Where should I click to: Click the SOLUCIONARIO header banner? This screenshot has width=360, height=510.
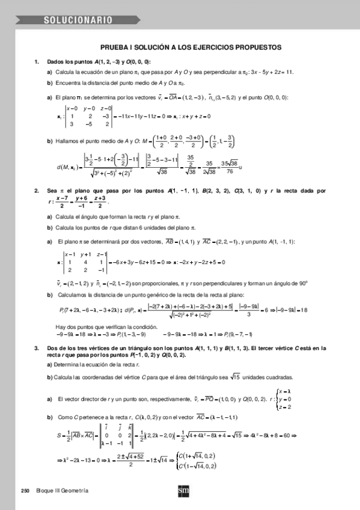click(x=78, y=20)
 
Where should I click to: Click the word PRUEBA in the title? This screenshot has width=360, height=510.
click(x=114, y=46)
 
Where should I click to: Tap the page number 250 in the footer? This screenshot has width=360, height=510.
click(x=25, y=491)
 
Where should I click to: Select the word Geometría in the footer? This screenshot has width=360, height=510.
click(x=75, y=491)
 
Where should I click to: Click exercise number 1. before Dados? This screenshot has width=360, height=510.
click(x=37, y=62)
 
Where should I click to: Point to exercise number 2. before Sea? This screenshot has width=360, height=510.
click(x=37, y=190)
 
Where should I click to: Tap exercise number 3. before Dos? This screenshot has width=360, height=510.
click(x=37, y=348)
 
